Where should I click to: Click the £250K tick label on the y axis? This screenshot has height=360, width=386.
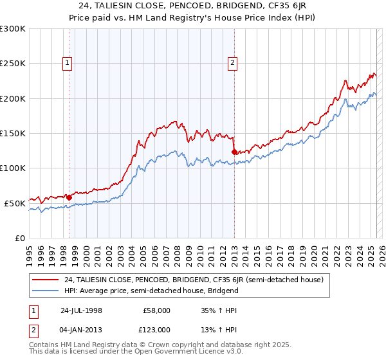click(13, 64)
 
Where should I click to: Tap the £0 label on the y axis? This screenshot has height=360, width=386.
click(19, 238)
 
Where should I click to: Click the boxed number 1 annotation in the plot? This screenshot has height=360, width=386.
click(68, 63)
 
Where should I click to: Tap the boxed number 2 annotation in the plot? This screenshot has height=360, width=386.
click(232, 63)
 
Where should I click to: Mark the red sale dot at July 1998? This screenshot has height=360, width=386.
click(69, 197)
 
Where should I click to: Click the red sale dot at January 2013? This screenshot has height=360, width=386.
click(234, 152)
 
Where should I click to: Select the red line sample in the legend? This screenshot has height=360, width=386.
click(46, 280)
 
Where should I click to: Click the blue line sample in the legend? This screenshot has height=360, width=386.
click(46, 291)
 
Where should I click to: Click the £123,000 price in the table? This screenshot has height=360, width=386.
click(156, 329)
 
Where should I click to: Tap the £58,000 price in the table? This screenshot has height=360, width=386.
click(156, 310)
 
